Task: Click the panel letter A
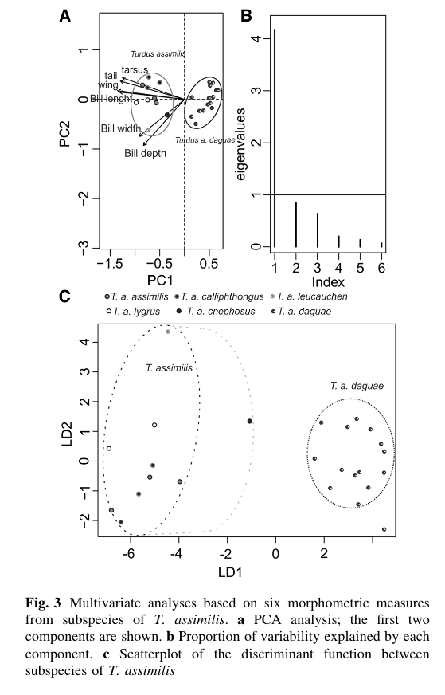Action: pyautogui.click(x=64, y=16)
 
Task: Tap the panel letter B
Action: pyautogui.click(x=246, y=16)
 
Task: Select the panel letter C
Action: pyautogui.click(x=64, y=296)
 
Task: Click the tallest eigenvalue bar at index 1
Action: pyautogui.click(x=275, y=139)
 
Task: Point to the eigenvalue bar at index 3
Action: pyautogui.click(x=318, y=230)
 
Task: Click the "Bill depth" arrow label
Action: pyautogui.click(x=145, y=153)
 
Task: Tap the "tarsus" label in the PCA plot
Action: pyautogui.click(x=135, y=69)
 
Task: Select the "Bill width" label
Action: pyautogui.click(x=121, y=128)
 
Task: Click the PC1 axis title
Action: pyautogui.click(x=160, y=280)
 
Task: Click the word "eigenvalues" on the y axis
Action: pyautogui.click(x=241, y=144)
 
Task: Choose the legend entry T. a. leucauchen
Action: pyautogui.click(x=309, y=296)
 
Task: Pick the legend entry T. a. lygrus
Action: pyautogui.click(x=133, y=311)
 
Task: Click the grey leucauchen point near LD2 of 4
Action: pyautogui.click(x=168, y=332)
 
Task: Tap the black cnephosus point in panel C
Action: pyautogui.click(x=250, y=421)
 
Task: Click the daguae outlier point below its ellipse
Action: pyautogui.click(x=384, y=529)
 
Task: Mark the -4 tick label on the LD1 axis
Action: pyautogui.click(x=177, y=553)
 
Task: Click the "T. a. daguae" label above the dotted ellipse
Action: pyautogui.click(x=357, y=386)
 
